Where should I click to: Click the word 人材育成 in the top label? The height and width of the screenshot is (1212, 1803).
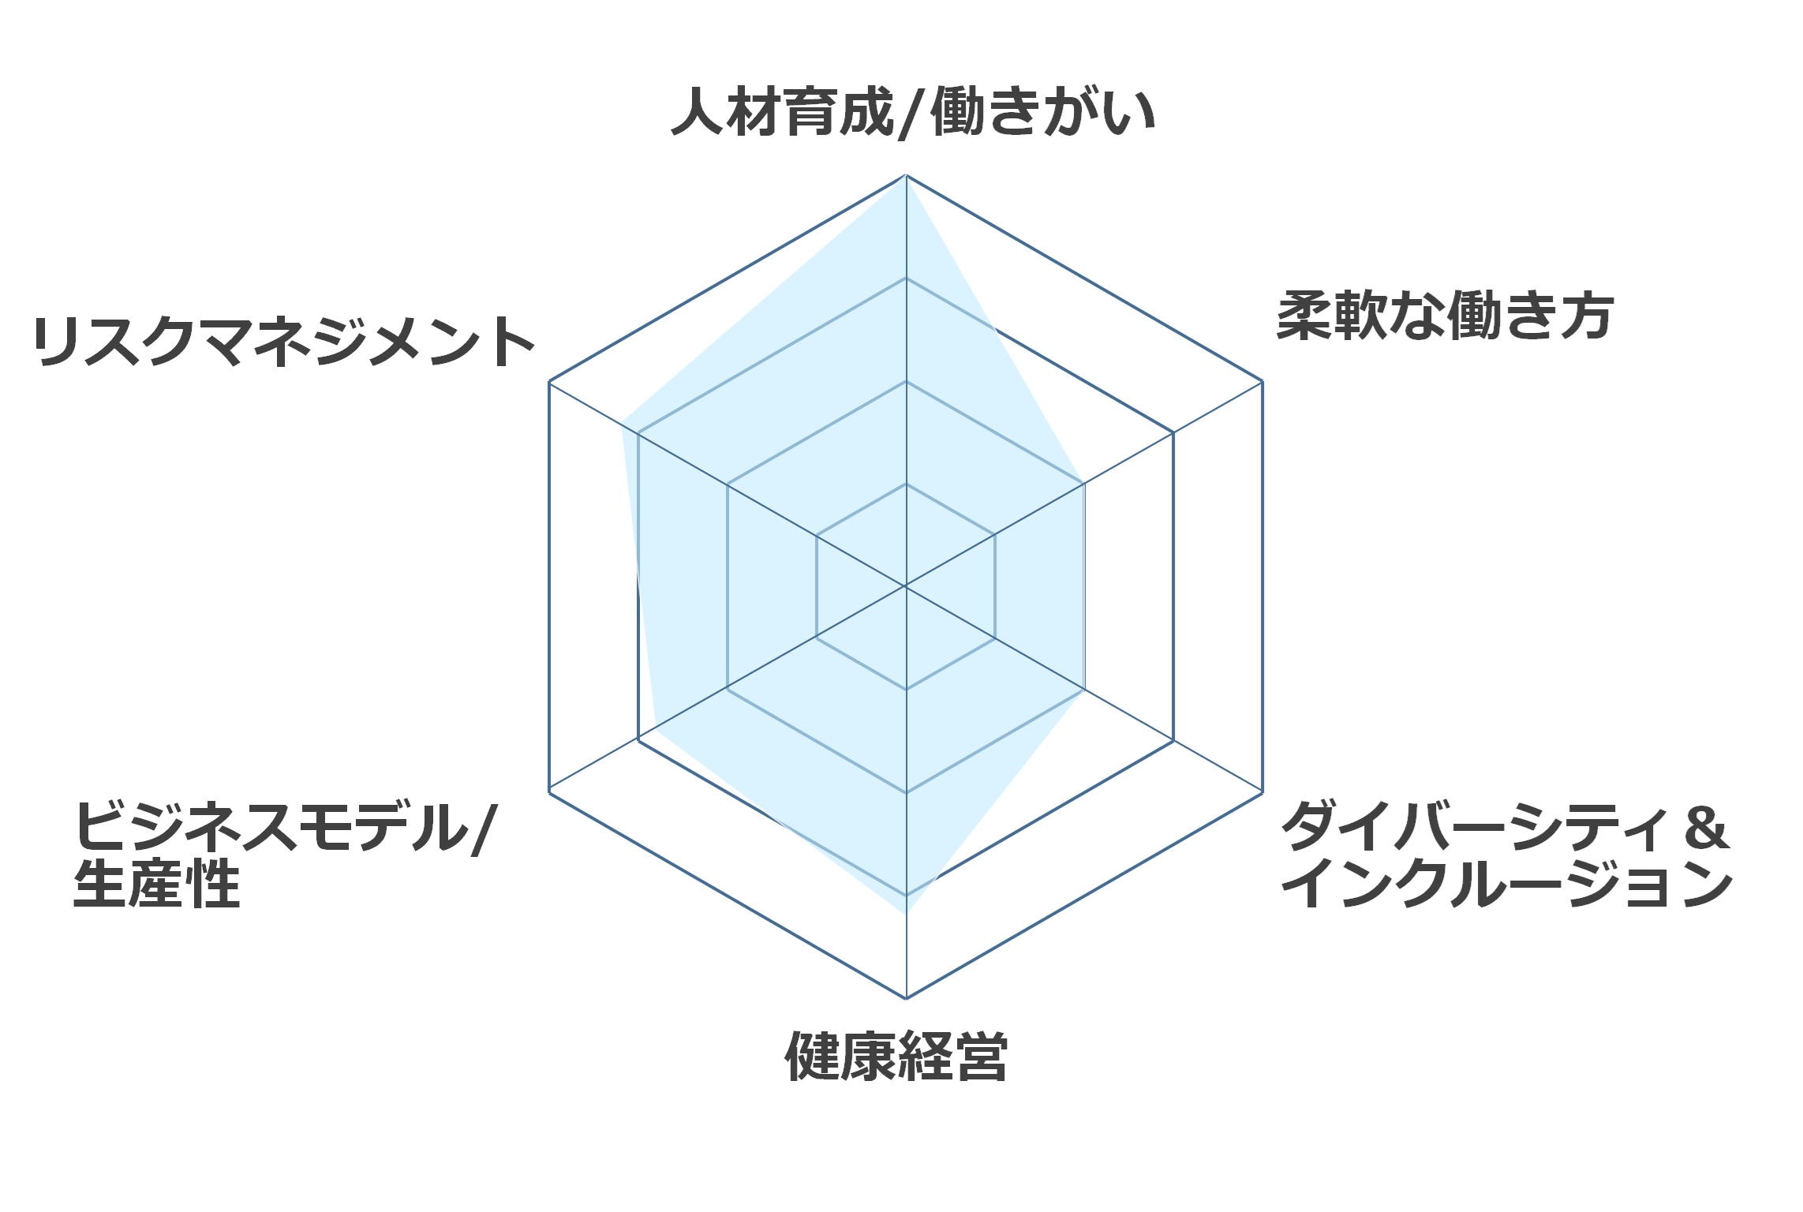782,112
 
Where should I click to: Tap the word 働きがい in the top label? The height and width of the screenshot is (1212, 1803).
1043,112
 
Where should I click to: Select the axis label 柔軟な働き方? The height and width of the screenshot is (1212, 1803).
1445,316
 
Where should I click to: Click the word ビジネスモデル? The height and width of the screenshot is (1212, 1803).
272,826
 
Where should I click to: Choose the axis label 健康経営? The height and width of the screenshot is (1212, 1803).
896,1056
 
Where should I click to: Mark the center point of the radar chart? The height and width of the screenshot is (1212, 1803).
906,586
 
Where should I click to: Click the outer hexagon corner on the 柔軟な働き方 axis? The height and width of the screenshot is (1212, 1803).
1262,381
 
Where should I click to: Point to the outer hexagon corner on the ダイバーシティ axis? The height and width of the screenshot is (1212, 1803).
1262,792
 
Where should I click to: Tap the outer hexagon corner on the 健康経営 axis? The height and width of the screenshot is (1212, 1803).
906,998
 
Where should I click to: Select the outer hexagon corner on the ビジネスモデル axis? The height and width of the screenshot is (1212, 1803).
549,792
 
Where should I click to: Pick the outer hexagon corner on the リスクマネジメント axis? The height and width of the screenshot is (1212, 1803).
549,381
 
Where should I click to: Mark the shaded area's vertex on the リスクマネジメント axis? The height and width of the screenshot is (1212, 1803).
622,423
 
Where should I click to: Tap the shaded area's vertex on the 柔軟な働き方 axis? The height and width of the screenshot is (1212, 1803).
1084,484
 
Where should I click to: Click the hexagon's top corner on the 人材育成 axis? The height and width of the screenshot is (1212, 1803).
906,175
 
